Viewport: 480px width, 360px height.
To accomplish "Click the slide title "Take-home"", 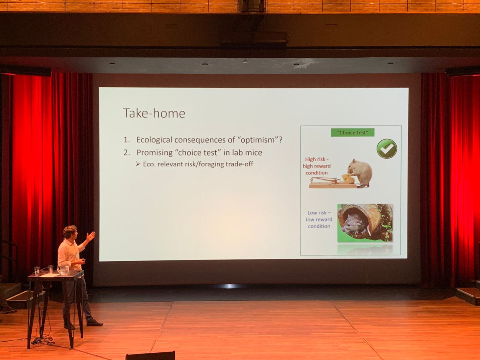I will tap(154, 113).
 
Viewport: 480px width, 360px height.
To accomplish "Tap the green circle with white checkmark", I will tap(386, 149).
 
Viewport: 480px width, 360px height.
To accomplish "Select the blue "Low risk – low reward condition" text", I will tap(319, 220).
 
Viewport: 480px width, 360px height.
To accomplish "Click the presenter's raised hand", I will tap(91, 236).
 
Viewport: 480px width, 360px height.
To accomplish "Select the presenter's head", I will tap(70, 232).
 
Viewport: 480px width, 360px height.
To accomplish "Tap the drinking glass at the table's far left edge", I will tap(37, 271).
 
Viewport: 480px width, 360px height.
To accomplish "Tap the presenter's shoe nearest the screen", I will tap(95, 322).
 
